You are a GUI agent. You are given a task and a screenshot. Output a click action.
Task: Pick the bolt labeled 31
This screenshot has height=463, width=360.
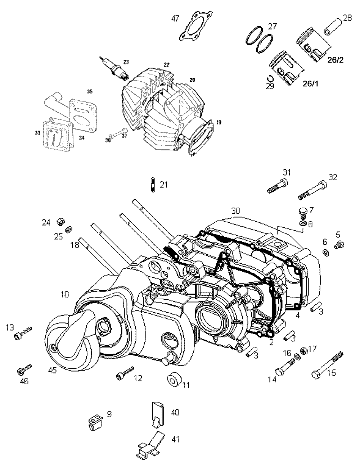(x=278, y=186)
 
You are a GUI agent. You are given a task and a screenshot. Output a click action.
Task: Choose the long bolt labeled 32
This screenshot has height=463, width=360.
(x=314, y=191)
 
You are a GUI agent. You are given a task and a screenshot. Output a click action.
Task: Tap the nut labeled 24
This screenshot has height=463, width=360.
(x=59, y=222)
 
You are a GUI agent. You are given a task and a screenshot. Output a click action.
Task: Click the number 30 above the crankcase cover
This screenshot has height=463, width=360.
(x=235, y=210)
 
